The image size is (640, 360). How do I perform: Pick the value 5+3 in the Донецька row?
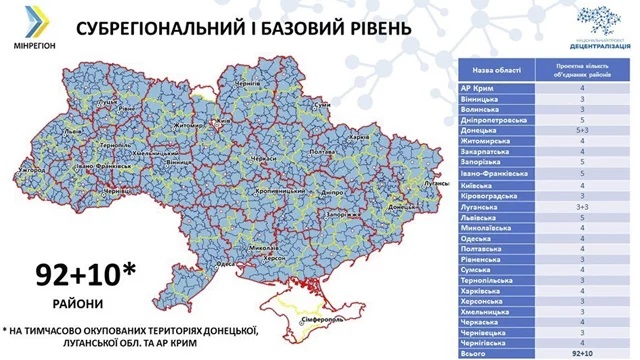pos(595,130)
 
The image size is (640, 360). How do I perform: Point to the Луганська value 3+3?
pos(595,205)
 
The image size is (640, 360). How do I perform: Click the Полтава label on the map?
pos(322,150)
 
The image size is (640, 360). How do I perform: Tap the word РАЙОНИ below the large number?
pos(71,300)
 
